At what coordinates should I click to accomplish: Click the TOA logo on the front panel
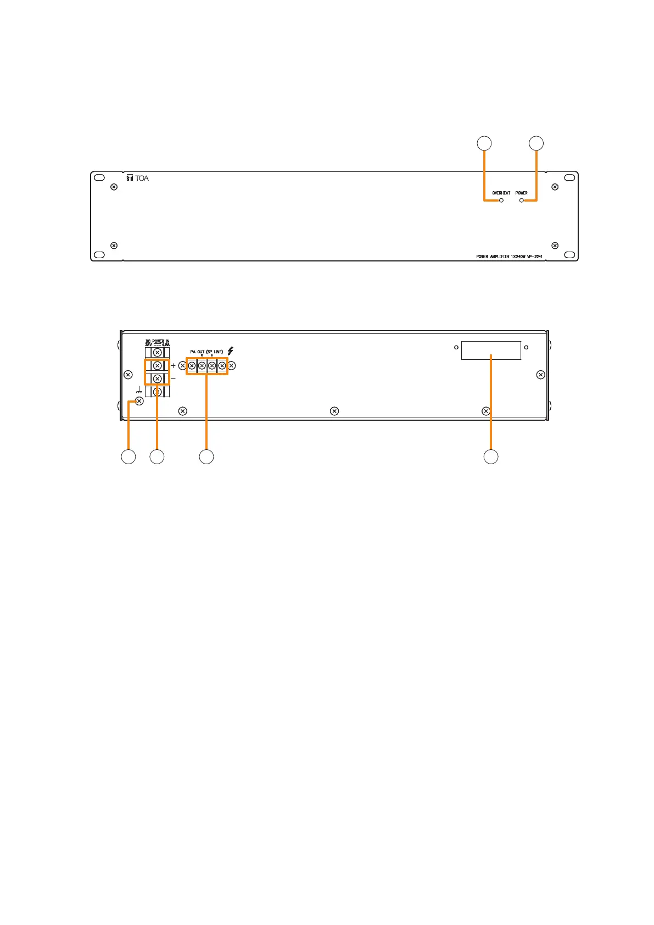tap(137, 178)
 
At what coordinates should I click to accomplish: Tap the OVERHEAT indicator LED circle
tap(501, 200)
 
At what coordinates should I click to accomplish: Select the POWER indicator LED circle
tap(521, 200)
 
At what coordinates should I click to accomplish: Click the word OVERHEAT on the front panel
tap(501, 193)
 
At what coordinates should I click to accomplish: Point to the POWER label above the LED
tap(521, 193)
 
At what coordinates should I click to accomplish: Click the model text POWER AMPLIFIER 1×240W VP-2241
tap(509, 256)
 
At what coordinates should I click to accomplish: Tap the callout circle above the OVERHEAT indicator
tap(484, 143)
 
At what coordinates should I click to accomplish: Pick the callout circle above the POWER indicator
tap(536, 143)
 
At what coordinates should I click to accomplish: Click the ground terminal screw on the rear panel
tap(139, 402)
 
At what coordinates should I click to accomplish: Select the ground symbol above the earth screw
tap(139, 391)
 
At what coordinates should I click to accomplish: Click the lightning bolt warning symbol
tap(231, 351)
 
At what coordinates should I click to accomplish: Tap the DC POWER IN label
tap(157, 342)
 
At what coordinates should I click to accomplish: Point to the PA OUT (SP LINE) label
tap(206, 352)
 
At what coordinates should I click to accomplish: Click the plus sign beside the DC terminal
tap(174, 365)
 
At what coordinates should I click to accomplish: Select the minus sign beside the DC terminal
tap(174, 378)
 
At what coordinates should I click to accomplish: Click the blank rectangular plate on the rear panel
tap(490, 350)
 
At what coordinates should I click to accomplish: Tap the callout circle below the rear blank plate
tap(490, 456)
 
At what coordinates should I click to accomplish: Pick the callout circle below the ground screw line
tap(128, 456)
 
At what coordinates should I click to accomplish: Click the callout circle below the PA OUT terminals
tap(206, 456)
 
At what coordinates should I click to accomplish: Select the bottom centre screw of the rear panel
tap(334, 411)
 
